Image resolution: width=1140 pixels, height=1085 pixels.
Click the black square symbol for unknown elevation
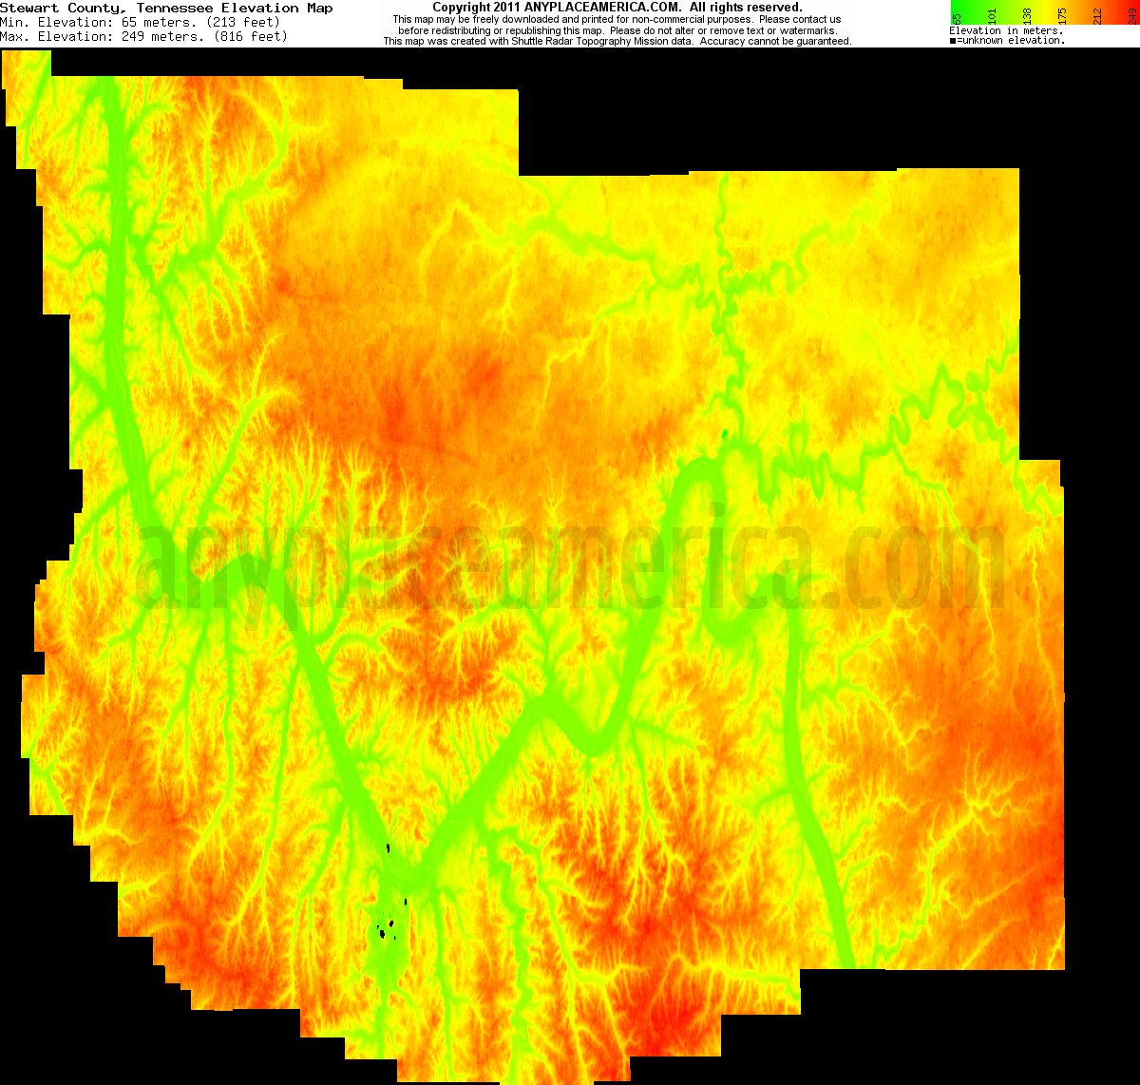953,41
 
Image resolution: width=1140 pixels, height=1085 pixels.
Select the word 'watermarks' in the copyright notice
807,30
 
